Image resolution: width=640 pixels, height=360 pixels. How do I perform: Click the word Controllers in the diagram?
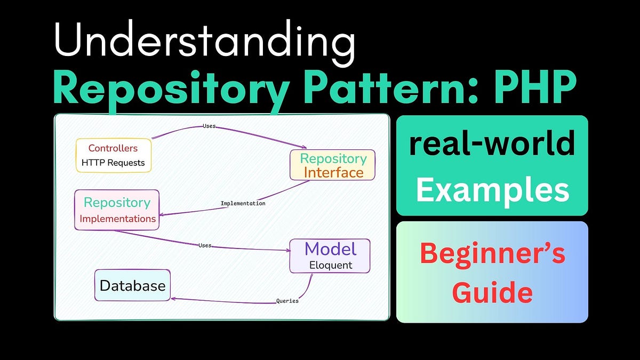pos(113,148)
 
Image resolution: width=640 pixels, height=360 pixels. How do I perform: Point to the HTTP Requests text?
pos(113,163)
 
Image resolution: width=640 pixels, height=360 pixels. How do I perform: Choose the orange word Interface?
pos(333,172)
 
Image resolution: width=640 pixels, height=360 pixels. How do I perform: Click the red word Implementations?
pos(117,219)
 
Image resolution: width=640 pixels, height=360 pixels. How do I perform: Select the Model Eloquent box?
pos(330,256)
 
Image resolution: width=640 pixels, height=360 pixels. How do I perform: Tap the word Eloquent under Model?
pos(331,265)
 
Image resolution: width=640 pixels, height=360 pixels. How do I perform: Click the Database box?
pos(132,285)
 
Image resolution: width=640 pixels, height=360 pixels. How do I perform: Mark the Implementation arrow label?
pos(243,203)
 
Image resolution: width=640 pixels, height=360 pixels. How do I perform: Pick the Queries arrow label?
pos(287,301)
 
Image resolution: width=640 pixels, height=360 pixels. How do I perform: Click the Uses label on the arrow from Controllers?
pos(209,126)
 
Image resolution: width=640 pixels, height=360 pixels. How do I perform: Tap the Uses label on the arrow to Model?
pos(205,245)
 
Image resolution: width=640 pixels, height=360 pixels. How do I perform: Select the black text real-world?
pos(492,145)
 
